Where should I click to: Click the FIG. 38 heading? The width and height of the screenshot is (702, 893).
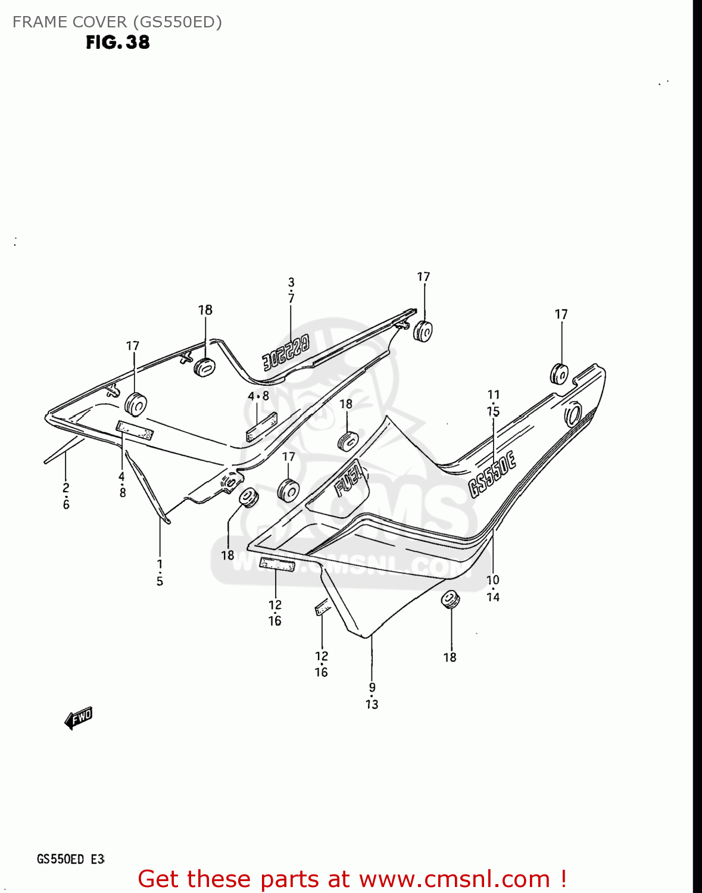pyautogui.click(x=118, y=42)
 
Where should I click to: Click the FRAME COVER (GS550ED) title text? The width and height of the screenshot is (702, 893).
pyautogui.click(x=117, y=22)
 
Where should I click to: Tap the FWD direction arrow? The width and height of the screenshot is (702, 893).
pyautogui.click(x=79, y=718)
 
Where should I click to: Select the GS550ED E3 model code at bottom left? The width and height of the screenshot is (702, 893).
pyautogui.click(x=71, y=859)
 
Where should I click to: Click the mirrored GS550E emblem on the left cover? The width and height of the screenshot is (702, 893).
pyautogui.click(x=286, y=352)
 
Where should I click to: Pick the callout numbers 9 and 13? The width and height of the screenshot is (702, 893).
pyautogui.click(x=372, y=696)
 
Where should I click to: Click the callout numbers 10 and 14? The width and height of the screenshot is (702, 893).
pyautogui.click(x=493, y=588)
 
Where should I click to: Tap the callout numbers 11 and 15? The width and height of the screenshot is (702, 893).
pyautogui.click(x=494, y=403)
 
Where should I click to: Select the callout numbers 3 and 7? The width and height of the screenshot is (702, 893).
pyautogui.click(x=291, y=290)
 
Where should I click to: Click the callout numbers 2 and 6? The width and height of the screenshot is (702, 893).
pyautogui.click(x=66, y=496)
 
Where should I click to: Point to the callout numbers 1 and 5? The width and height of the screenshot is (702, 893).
pyautogui.click(x=160, y=572)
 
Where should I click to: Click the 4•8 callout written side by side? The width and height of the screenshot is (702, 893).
pyautogui.click(x=258, y=396)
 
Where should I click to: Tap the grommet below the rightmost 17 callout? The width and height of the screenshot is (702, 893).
pyautogui.click(x=559, y=373)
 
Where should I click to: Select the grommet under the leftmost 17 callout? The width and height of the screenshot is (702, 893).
pyautogui.click(x=136, y=405)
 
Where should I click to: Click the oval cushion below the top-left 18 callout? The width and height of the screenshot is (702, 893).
pyautogui.click(x=204, y=367)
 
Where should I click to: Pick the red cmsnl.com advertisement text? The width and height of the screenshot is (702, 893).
pyautogui.click(x=351, y=879)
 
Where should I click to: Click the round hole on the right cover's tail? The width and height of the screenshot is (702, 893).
pyautogui.click(x=573, y=414)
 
